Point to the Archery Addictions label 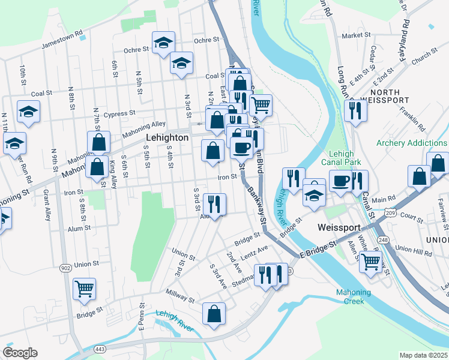(x=411, y=143)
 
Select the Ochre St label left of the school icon (x=136, y=50)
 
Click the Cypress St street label (x=119, y=114)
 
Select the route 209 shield (x=391, y=212)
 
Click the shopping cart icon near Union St (x=84, y=289)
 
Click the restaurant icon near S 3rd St (x=214, y=204)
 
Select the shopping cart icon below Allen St (x=370, y=261)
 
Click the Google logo (x=20, y=353)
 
